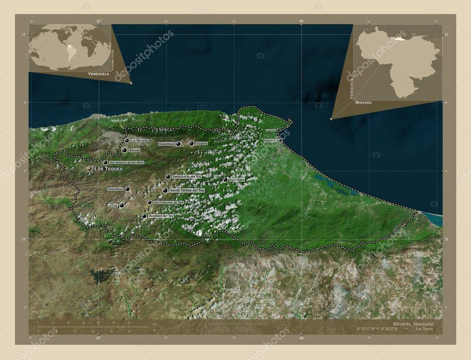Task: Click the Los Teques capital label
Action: pos(108,169)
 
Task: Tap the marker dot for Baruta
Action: pos(124,150)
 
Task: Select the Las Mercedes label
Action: pos(140,140)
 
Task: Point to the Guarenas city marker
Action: pos(178,144)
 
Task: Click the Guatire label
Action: pos(201,143)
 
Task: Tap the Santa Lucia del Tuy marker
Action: pos(168,177)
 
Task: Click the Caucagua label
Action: pos(237,179)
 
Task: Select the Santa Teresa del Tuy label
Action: pos(187,190)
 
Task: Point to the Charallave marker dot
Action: pos(127,189)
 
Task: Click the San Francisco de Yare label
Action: pos(168,202)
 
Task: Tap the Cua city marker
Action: pos(121,206)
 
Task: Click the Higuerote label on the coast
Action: pos(270,140)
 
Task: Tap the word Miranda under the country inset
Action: pos(363,103)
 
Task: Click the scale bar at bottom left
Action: pos(92,327)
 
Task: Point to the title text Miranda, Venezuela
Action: pos(413,324)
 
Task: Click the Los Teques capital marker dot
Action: pos(89,169)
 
